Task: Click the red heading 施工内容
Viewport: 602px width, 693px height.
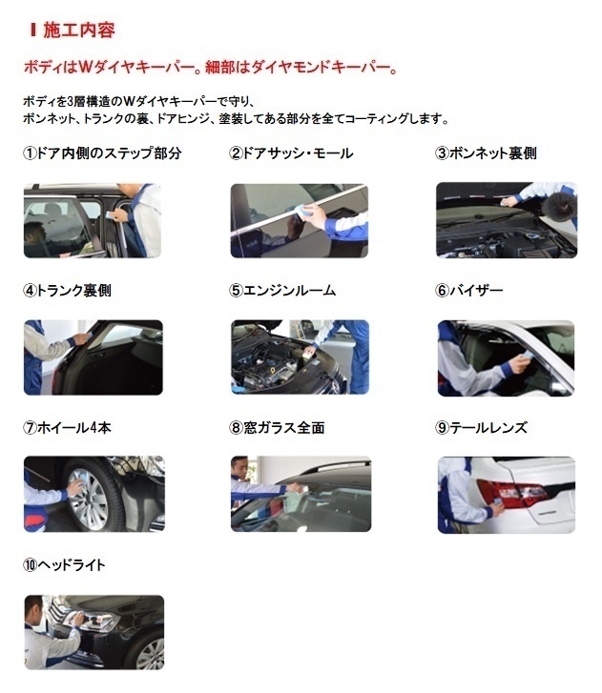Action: (x=79, y=31)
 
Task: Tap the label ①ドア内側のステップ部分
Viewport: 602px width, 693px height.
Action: (x=102, y=153)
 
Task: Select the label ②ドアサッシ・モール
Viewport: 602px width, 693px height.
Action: (x=291, y=153)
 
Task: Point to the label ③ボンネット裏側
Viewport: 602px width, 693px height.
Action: (x=486, y=153)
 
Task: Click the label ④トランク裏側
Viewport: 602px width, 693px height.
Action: (x=67, y=291)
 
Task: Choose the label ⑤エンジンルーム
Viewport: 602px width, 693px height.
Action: (x=282, y=291)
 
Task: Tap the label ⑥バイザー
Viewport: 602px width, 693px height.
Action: (x=469, y=291)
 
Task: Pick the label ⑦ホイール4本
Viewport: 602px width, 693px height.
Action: (x=67, y=427)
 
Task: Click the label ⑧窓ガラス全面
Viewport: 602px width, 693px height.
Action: (x=277, y=427)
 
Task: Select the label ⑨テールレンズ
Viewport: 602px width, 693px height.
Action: (x=481, y=427)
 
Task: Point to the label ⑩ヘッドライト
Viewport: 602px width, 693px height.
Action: (x=64, y=565)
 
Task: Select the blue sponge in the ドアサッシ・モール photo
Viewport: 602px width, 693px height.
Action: (x=300, y=210)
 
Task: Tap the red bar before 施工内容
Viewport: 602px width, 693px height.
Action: (x=32, y=31)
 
